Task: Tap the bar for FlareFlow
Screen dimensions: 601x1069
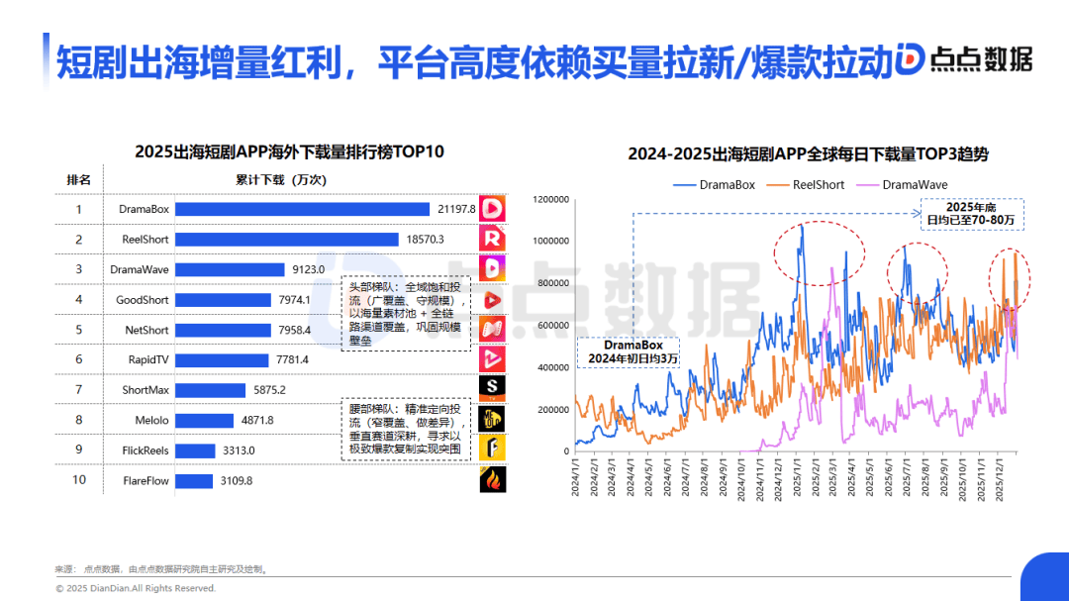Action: [196, 480]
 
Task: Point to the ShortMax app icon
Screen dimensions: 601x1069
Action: [493, 387]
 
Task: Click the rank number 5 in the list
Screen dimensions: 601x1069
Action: [79, 330]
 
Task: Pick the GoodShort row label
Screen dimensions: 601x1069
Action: [143, 300]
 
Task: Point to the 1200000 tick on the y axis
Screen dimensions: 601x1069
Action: [549, 199]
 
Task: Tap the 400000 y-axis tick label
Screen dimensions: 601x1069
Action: [551, 367]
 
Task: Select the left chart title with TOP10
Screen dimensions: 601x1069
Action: [289, 151]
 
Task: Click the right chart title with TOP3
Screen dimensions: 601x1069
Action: [808, 154]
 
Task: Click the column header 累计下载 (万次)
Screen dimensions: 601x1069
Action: [280, 180]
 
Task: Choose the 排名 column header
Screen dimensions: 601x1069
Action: [79, 180]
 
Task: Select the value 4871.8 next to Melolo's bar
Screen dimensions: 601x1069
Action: [256, 421]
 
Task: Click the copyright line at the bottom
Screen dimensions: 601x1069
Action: [135, 588]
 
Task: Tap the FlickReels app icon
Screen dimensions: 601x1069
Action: [493, 449]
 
